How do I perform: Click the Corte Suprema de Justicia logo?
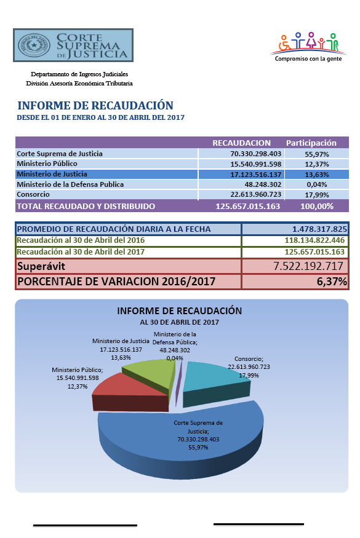(73, 45)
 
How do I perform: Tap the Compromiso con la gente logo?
(308, 47)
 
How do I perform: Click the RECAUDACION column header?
(241, 143)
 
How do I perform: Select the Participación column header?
(311, 143)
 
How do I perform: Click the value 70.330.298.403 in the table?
(255, 154)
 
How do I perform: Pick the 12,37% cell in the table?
(317, 164)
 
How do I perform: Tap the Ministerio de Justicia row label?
(52, 174)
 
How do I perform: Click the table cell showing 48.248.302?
(263, 184)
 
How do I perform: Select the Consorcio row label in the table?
(33, 194)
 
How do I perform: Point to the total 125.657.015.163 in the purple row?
(247, 206)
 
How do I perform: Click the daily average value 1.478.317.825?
(319, 229)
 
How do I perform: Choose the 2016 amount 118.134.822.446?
(314, 240)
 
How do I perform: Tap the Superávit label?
(41, 266)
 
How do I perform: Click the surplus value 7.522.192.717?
(308, 266)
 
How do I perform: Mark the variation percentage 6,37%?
(332, 282)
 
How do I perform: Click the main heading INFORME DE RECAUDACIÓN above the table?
(95, 105)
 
